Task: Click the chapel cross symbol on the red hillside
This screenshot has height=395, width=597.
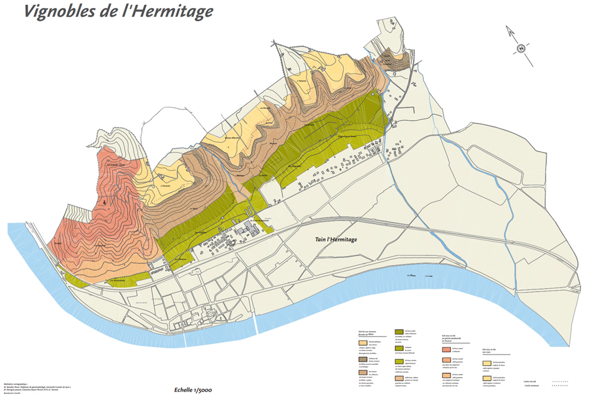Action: [x=105, y=202]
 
